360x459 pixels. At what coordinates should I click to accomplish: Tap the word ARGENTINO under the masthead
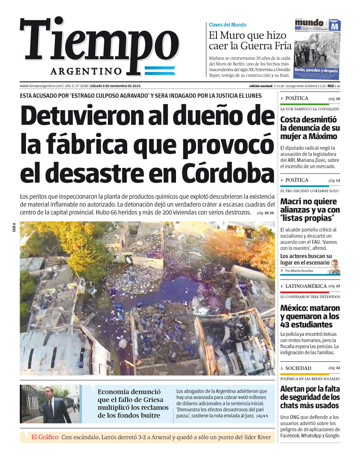[86, 71]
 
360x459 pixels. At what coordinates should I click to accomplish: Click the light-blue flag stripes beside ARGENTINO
[160, 71]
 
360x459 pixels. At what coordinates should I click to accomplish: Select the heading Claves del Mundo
[228, 25]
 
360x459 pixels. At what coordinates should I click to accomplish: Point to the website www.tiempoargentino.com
[41, 86]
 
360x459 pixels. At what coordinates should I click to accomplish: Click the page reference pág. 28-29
[265, 213]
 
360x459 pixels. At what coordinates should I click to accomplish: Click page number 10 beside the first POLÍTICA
[338, 99]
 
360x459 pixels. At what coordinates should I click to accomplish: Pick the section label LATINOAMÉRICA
[306, 286]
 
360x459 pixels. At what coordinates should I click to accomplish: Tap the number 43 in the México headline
[286, 325]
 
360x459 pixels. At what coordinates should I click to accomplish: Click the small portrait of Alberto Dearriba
[333, 267]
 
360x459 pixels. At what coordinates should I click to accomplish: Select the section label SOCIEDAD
[298, 368]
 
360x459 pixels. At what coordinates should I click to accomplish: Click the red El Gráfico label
[45, 437]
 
